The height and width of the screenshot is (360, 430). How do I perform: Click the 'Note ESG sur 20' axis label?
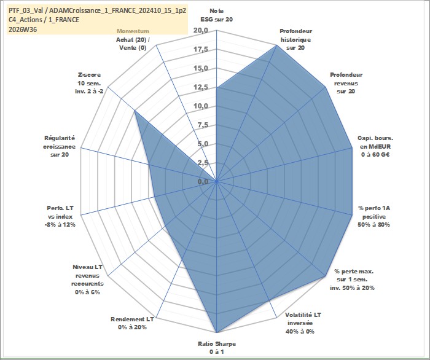point(217,15)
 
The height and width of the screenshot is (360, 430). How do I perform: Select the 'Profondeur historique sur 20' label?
point(295,39)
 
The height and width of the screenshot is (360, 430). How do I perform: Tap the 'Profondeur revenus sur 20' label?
point(346,83)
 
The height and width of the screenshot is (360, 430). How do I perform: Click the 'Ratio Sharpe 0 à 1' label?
point(217,348)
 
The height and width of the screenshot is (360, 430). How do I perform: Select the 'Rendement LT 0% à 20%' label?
point(133,323)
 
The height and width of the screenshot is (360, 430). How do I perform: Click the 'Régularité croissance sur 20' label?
point(59,146)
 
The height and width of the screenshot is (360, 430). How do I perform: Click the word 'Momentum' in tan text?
point(133,31)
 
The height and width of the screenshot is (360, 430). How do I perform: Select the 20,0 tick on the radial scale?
point(201,31)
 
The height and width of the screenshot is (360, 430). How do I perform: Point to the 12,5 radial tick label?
point(201,87)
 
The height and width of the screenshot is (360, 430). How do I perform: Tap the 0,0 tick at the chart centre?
point(203,181)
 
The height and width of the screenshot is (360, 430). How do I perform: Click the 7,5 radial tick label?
point(203,125)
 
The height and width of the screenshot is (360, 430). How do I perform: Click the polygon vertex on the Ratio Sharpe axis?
point(217,332)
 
